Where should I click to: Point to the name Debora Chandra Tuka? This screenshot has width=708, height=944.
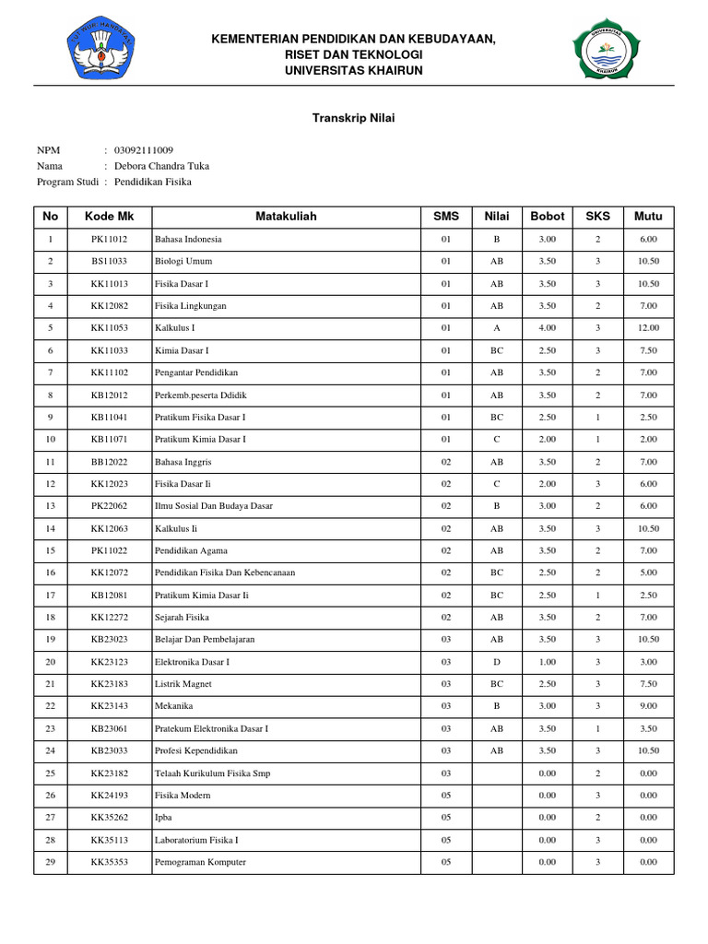point(161,166)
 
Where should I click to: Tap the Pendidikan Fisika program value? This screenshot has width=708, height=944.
point(152,182)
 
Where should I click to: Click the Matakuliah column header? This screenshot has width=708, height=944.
point(286,217)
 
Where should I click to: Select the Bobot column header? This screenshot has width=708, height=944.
point(547,217)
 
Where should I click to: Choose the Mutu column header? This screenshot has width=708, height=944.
point(648,217)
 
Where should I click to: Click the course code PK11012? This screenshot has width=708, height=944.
point(109,239)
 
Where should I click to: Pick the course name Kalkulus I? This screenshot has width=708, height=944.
point(175,328)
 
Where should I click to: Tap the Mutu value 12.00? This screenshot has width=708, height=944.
point(648,328)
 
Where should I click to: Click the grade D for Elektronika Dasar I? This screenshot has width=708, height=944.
point(497,662)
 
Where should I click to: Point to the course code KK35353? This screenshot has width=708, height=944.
point(109,862)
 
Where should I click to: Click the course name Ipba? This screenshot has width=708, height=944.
point(163,818)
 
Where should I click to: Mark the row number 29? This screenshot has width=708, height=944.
point(51,862)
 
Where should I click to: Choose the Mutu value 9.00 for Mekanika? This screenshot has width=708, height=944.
point(648,706)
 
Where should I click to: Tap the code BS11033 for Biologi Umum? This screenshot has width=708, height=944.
point(109,261)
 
